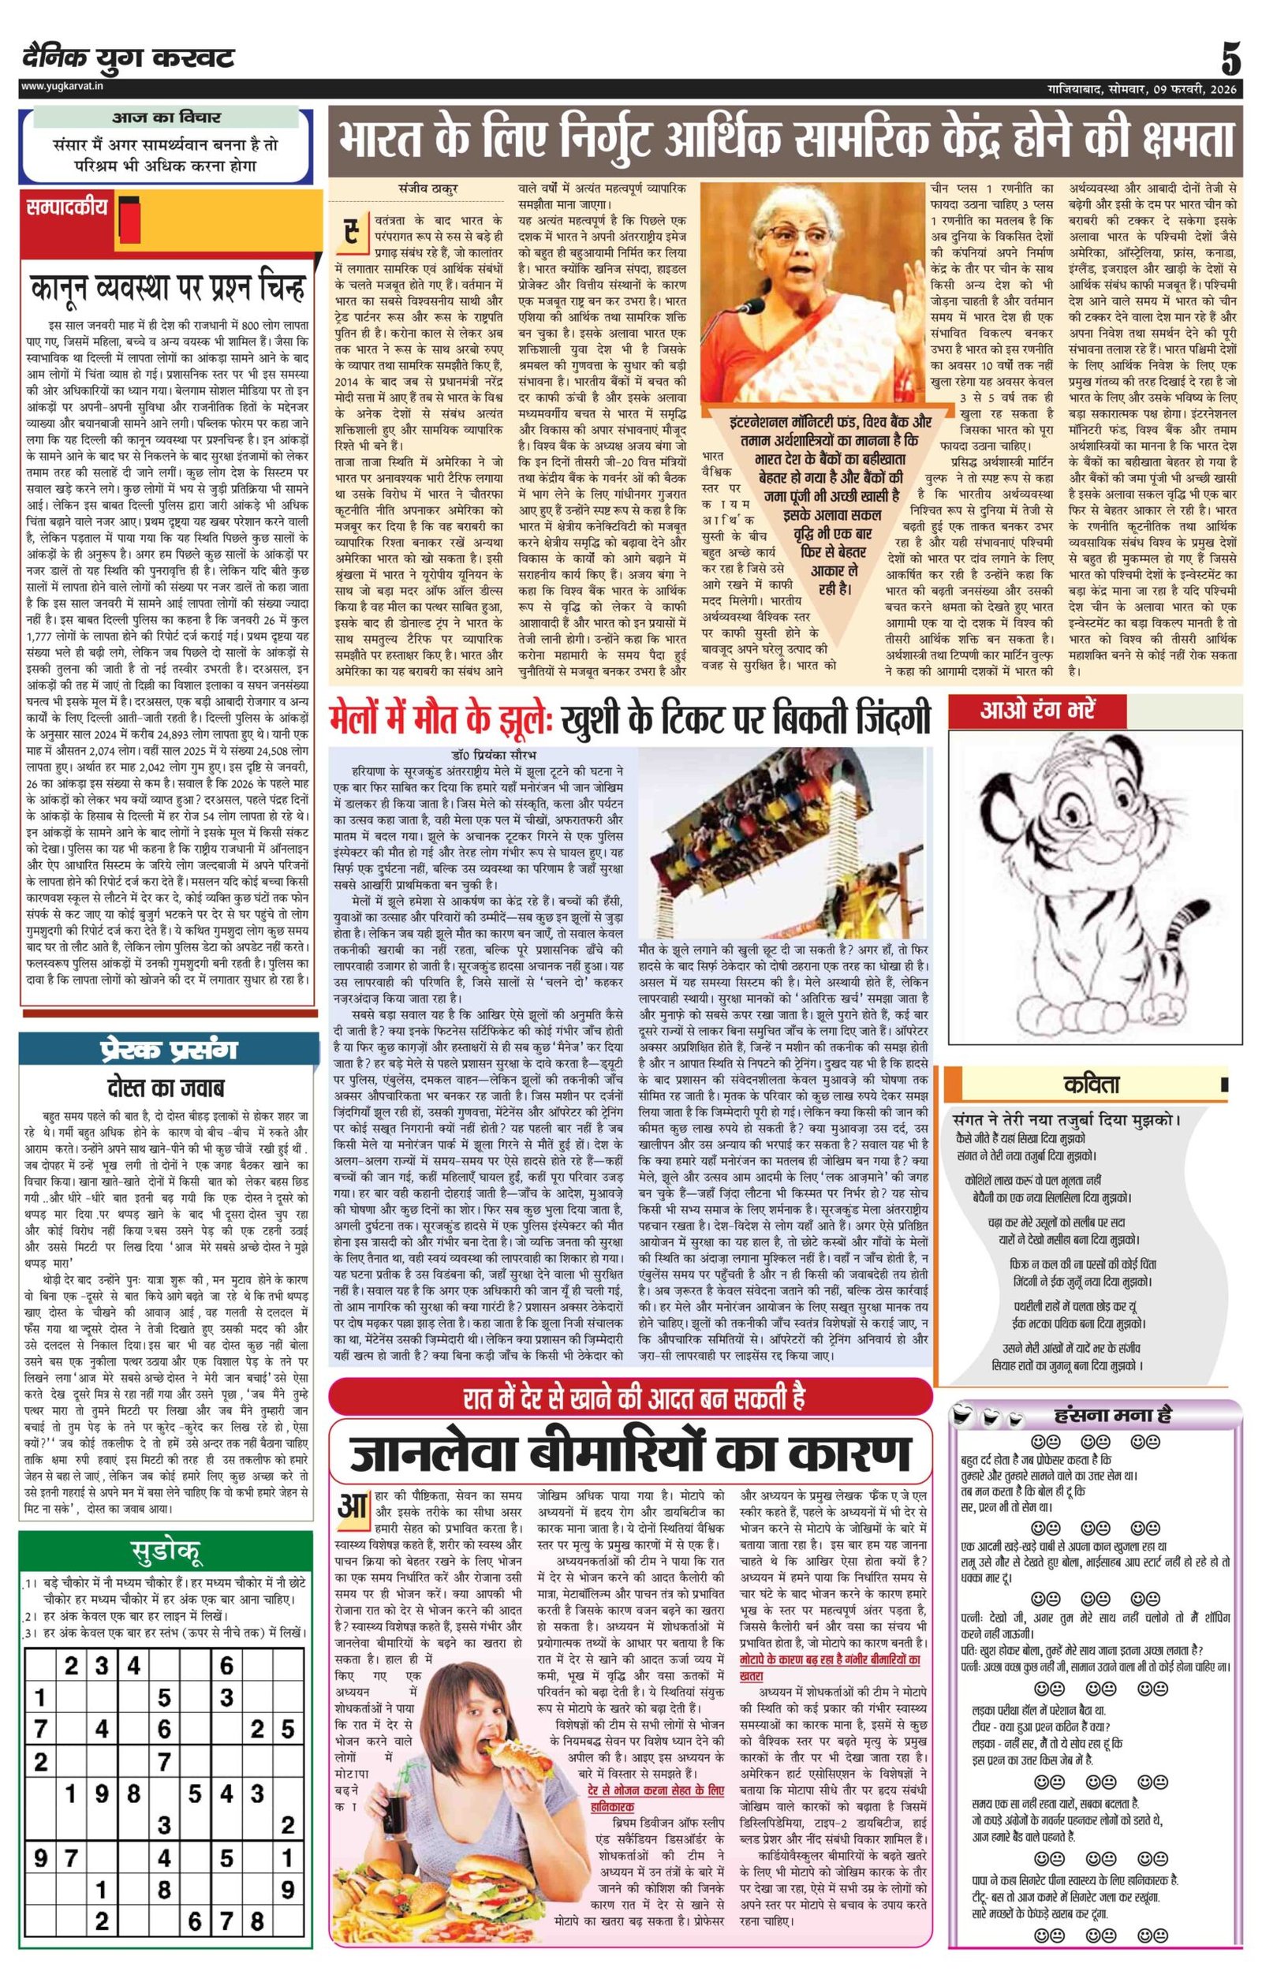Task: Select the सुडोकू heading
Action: coord(167,1553)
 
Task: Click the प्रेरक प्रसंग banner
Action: coord(167,1049)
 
